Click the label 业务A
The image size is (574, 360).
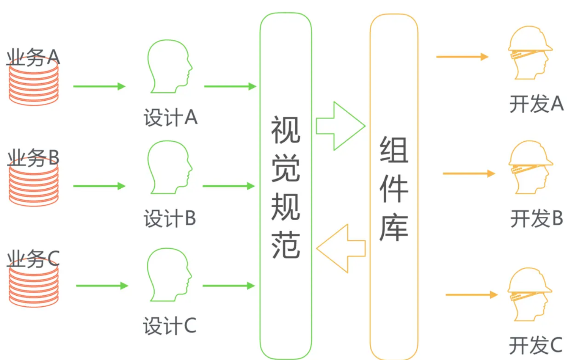pyautogui.click(x=33, y=58)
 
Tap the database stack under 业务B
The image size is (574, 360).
pyautogui.click(x=34, y=186)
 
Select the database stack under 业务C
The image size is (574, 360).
pyautogui.click(x=34, y=286)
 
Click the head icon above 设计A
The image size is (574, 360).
pyautogui.click(x=169, y=66)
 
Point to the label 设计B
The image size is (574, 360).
pyautogui.click(x=170, y=218)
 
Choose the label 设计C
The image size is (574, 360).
pyautogui.click(x=170, y=326)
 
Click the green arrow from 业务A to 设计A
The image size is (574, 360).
pyautogui.click(x=99, y=86)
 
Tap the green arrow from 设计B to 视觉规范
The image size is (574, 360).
pyautogui.click(x=229, y=186)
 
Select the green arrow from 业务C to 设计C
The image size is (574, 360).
pyautogui.click(x=102, y=285)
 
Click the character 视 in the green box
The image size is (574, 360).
pyautogui.click(x=285, y=130)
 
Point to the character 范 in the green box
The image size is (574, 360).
pyautogui.click(x=285, y=245)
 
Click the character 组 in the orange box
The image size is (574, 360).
pyautogui.click(x=394, y=150)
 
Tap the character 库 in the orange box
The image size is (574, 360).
pyautogui.click(x=394, y=228)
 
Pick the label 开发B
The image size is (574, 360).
pyautogui.click(x=536, y=218)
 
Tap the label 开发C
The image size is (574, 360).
pyautogui.click(x=536, y=345)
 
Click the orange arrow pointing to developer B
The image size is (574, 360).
pyautogui.click(x=469, y=173)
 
